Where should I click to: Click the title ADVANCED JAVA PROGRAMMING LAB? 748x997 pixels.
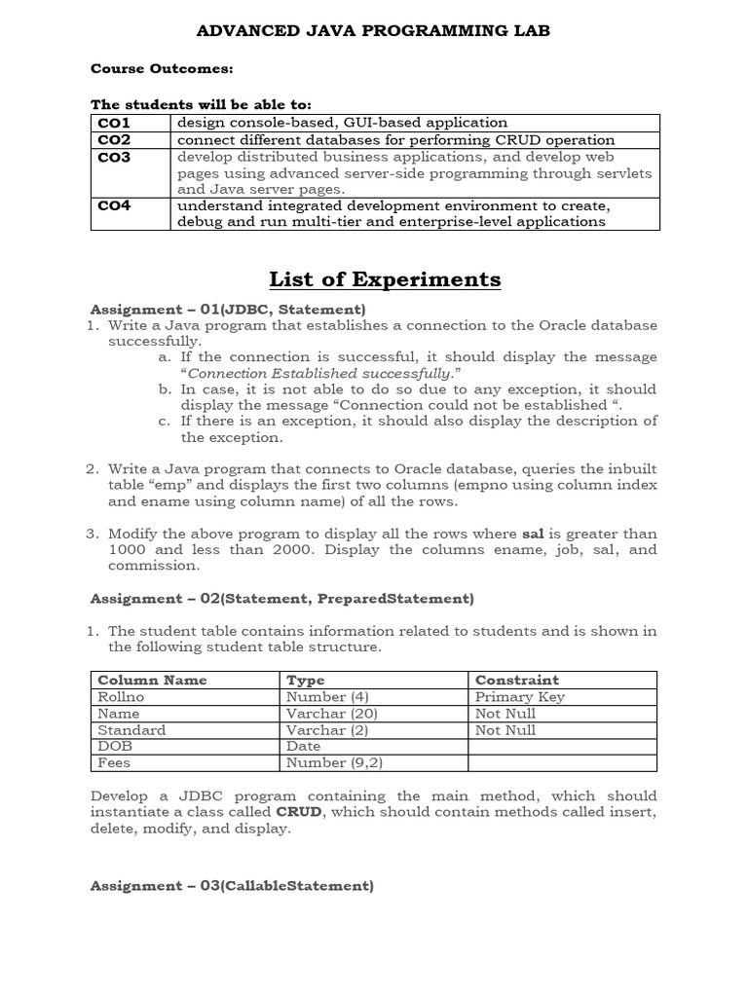point(374,31)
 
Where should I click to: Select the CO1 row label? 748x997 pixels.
point(114,123)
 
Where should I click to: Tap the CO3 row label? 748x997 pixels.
point(114,156)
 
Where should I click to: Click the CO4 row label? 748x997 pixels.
point(114,205)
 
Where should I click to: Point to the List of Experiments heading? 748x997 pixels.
point(385,279)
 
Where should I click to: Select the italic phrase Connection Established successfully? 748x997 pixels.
point(318,373)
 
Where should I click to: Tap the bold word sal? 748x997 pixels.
point(532,534)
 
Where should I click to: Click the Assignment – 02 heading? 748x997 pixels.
point(281,598)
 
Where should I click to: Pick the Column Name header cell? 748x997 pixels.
point(152,680)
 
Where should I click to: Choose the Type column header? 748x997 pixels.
point(306,680)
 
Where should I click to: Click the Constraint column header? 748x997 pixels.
point(516,680)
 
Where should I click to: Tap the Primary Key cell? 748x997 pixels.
point(519,696)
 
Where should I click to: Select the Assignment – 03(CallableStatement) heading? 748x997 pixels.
point(232,885)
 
